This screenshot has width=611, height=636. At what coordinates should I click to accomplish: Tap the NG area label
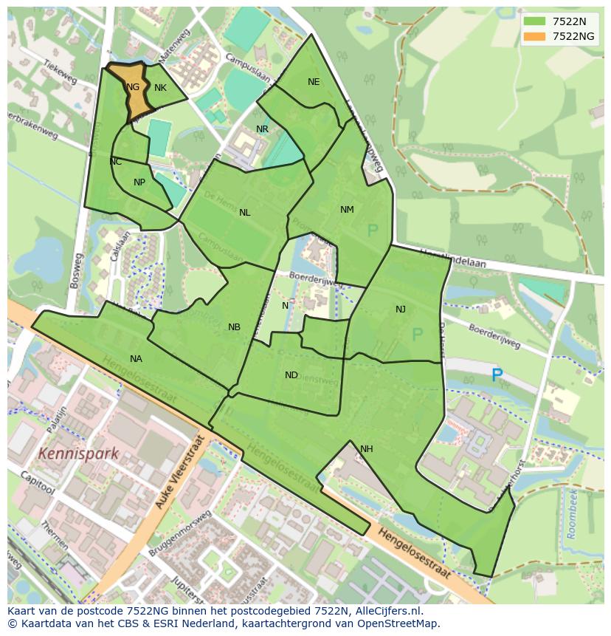[x=133, y=87]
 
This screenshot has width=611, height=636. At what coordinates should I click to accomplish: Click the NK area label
[x=160, y=88]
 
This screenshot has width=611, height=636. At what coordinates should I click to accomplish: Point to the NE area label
[x=314, y=82]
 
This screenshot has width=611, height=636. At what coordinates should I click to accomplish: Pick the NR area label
[x=262, y=129]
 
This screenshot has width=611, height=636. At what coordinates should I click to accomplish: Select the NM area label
[x=347, y=210]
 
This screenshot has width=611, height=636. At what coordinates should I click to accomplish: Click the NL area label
[x=244, y=213]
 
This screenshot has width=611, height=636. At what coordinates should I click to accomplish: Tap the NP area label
[x=139, y=182]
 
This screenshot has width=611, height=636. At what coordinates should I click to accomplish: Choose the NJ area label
[x=400, y=310]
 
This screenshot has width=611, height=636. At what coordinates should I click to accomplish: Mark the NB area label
[x=234, y=327]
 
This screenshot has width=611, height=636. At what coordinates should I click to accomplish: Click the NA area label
[x=136, y=359]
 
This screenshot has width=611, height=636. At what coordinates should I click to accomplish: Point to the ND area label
[x=291, y=375]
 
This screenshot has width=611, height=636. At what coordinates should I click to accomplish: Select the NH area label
[x=367, y=449]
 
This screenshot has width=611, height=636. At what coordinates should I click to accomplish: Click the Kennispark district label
[x=78, y=454]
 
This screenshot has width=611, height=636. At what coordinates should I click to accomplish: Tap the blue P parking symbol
[x=497, y=376]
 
